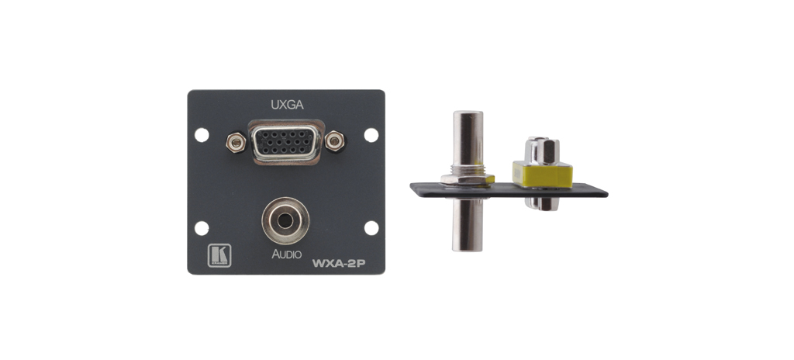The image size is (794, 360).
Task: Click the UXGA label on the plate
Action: click(x=287, y=105)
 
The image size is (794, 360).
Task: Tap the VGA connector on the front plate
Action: click(x=286, y=143)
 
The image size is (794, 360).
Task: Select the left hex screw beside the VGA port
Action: click(x=236, y=143)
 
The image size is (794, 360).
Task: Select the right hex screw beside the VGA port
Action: click(x=335, y=141)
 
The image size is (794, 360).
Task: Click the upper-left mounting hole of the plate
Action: click(x=202, y=135)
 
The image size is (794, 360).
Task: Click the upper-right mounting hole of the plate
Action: click(x=371, y=135)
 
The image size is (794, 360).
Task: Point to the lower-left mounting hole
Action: click(x=202, y=228)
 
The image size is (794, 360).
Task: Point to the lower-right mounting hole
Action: click(x=371, y=228)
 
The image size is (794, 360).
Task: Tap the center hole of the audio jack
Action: click(x=285, y=220)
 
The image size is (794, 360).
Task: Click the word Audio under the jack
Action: click(x=286, y=254)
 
